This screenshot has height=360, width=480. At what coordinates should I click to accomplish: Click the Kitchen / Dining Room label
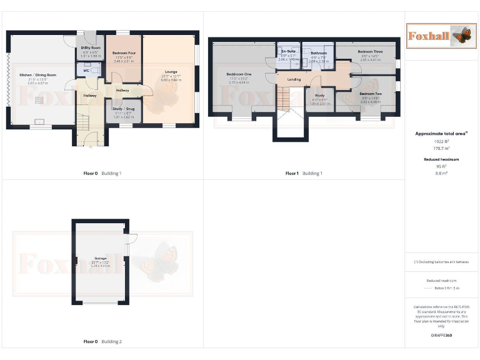click(38, 75)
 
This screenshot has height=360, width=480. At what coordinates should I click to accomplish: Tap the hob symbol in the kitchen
click(39, 100)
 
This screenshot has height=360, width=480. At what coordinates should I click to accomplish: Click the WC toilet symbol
click(94, 71)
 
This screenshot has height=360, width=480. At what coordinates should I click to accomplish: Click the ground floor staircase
click(83, 122)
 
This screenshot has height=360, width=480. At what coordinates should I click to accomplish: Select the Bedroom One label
click(239, 74)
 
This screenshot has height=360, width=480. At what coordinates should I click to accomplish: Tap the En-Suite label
click(288, 52)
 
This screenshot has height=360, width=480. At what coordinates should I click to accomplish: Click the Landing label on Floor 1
click(294, 79)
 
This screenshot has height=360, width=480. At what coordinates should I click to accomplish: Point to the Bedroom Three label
click(370, 51)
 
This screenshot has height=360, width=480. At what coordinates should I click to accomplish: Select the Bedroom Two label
click(371, 93)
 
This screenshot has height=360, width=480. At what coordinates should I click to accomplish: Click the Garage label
click(101, 258)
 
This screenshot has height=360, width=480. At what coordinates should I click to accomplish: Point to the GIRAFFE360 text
click(441, 336)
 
